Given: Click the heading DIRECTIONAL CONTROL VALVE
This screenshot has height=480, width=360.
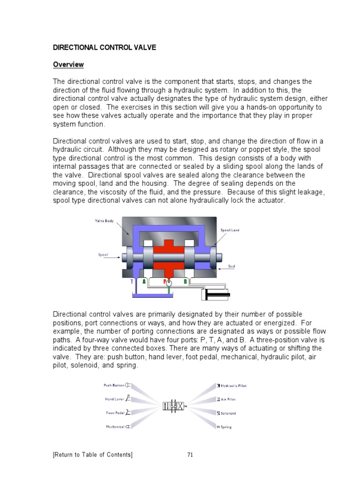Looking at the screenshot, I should point(104,48).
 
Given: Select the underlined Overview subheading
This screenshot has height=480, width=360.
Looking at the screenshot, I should point(68,65).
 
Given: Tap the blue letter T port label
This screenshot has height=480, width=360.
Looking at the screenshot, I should point(132,282).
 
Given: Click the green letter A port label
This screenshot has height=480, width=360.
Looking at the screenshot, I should point(144,282).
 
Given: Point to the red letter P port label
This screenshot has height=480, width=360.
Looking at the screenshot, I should point(165,282).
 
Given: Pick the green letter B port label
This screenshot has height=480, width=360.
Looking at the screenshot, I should point(185,282).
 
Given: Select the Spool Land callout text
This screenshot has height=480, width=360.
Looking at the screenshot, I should point(230,230).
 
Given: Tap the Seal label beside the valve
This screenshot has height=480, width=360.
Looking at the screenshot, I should point(231,266).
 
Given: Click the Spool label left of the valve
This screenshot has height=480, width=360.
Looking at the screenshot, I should point(103,255).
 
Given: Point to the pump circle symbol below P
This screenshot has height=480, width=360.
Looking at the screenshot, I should point(169,283).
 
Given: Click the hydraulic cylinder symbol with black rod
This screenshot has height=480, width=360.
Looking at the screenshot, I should point(216,295).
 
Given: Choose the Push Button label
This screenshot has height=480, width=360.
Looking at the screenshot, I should point(114,385).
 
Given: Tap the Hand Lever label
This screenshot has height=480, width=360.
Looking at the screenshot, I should point(114,399).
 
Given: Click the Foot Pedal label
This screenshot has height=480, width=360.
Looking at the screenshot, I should point(115,413).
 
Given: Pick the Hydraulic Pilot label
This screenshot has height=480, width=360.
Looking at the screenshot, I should point(233,386).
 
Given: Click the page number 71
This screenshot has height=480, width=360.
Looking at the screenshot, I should point(190,454).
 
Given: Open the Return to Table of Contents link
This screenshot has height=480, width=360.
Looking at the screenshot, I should point(93,454).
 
